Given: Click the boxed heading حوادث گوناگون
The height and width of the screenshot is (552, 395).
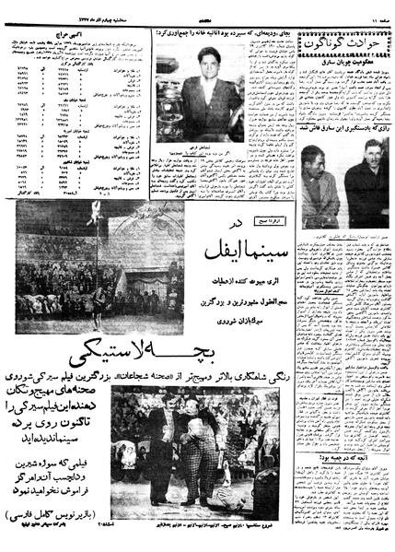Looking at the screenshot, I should click(343, 41).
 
